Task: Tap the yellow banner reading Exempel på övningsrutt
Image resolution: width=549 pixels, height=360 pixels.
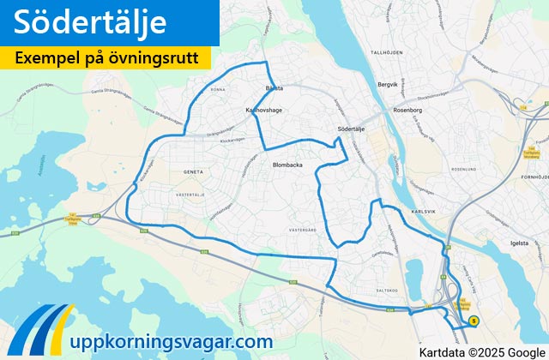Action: coord(107,58)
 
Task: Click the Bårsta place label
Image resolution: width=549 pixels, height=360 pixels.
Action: coord(273,88)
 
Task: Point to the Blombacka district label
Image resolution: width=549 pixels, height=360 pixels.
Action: coord(288,165)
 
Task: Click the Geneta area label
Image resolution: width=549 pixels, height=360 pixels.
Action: coord(194,171)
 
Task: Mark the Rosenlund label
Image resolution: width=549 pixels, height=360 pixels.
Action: coord(461,170)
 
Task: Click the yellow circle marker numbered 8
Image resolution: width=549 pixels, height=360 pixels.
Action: coord(473,321)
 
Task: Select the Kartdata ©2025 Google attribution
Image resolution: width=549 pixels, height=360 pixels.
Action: coord(482,351)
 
